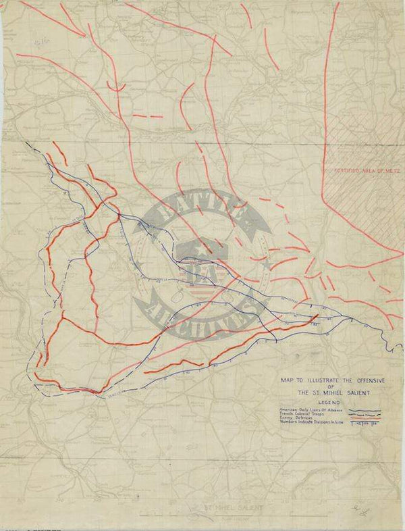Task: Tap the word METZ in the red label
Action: [385, 172]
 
